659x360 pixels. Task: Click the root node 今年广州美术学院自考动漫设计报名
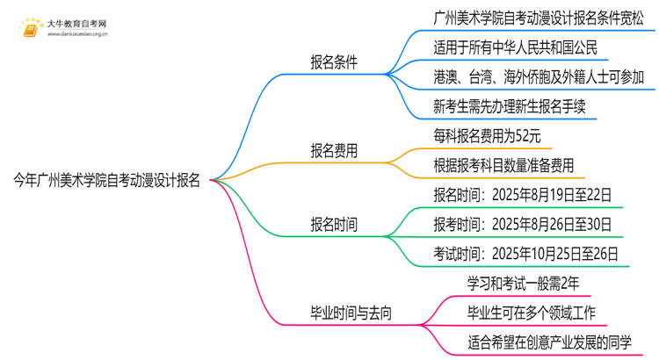point(106,181)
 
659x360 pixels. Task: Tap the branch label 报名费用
point(333,151)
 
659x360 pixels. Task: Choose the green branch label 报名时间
point(333,225)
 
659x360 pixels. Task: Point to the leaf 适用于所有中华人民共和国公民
point(516,47)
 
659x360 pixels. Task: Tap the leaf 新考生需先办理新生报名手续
point(510,106)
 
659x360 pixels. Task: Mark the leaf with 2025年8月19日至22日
point(522,195)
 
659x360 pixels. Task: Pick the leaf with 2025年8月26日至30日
point(522,225)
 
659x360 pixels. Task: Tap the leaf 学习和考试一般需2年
point(524,283)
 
